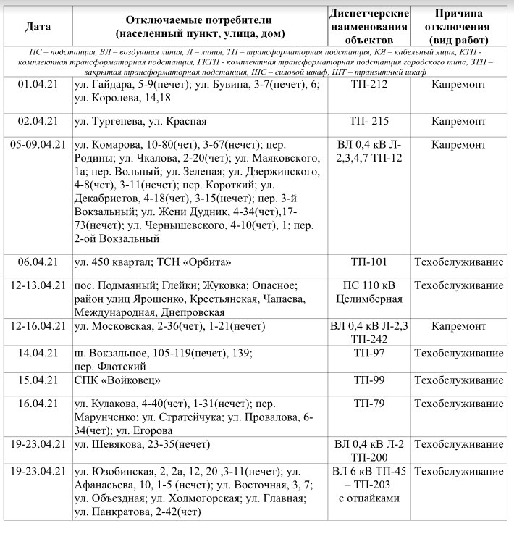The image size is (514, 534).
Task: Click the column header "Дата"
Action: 38,27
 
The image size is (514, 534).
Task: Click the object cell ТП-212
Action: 368,84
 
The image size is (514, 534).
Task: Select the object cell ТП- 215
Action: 369,121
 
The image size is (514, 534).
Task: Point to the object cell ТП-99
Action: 368,380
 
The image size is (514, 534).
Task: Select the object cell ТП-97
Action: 368,353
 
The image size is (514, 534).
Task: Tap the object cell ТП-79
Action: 368,404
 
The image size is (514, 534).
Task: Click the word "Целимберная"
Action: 369,298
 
